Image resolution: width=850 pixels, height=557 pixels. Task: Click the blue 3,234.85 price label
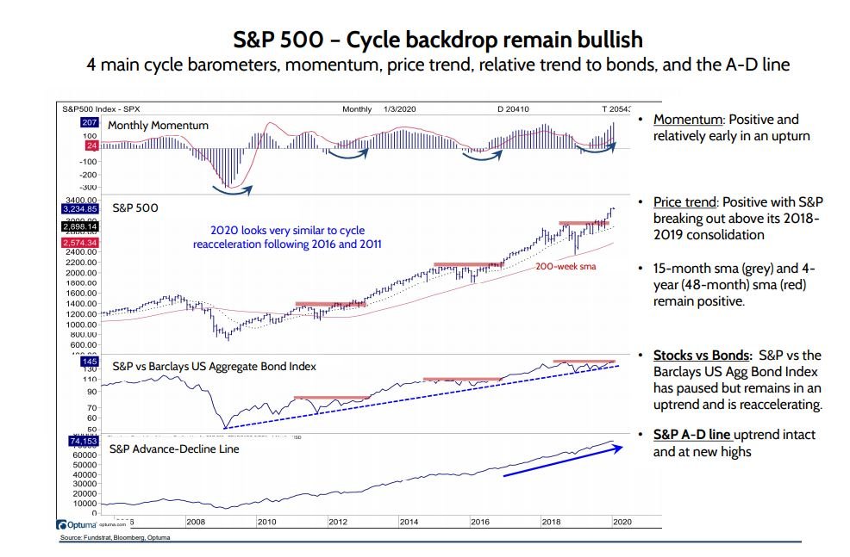(78, 208)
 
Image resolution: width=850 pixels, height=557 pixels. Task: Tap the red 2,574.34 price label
(78, 244)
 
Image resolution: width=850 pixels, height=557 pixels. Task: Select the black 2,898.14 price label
(78, 226)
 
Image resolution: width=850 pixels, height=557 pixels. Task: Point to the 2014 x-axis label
(409, 521)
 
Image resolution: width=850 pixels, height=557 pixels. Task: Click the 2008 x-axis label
(196, 521)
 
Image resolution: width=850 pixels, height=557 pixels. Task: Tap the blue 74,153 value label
(78, 439)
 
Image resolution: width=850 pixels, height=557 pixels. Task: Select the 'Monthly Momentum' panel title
(158, 126)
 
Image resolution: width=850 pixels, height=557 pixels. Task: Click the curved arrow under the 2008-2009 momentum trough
(230, 190)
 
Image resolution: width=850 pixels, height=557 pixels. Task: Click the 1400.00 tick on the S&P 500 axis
(79, 304)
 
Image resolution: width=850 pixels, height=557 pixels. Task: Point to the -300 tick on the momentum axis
(89, 186)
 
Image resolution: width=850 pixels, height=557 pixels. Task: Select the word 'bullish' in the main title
(605, 40)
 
